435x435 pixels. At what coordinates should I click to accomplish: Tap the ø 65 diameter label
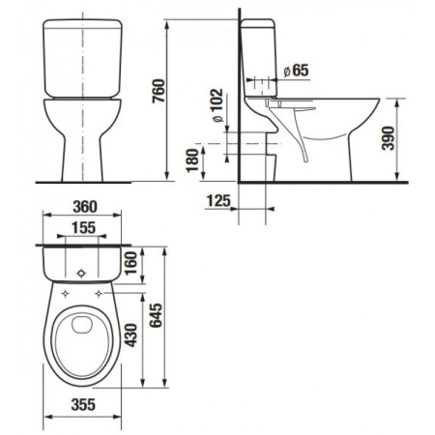pos(297,70)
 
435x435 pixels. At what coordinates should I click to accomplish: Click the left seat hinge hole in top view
pos(64,289)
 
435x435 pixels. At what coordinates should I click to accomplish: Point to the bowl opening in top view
pos(85,338)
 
